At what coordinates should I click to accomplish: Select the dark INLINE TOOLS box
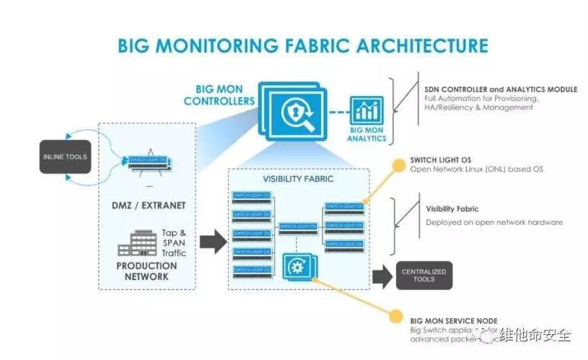[66, 157]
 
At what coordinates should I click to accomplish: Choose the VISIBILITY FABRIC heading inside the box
[298, 178]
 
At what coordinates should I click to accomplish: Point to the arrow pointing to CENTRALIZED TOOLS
[381, 275]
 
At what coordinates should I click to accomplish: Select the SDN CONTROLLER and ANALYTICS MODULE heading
[493, 89]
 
